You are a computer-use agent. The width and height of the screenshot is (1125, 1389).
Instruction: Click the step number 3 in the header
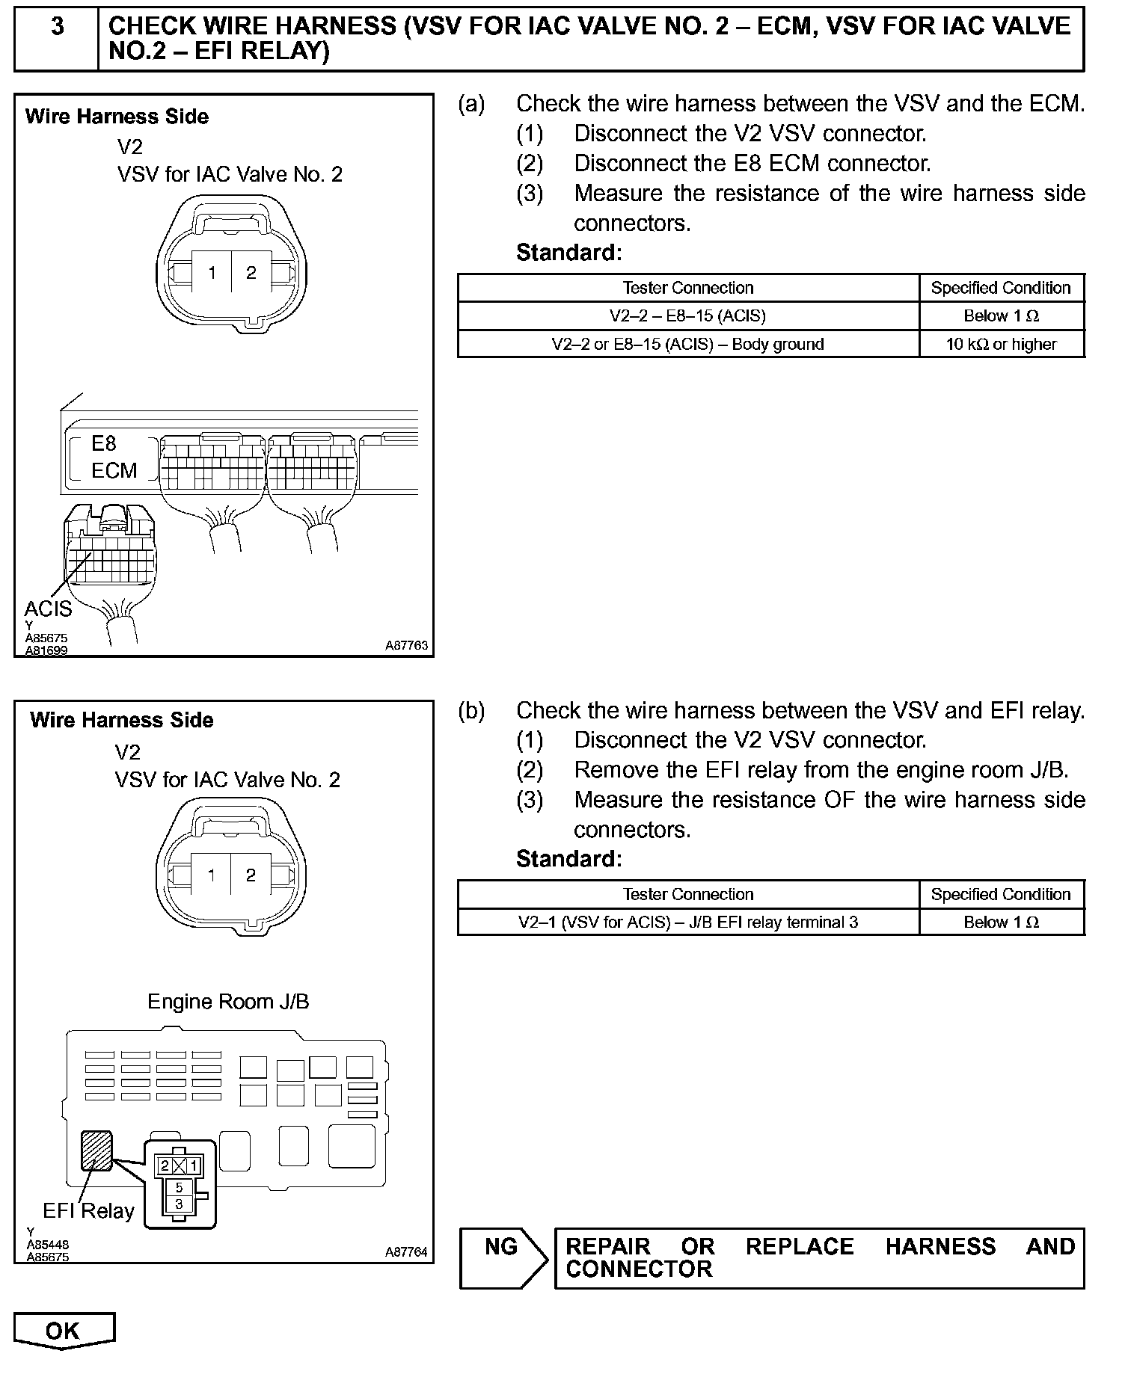(57, 28)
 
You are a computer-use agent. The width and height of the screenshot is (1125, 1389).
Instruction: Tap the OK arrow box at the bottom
(63, 1331)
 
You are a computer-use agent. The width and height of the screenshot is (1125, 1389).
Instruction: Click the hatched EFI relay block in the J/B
(96, 1151)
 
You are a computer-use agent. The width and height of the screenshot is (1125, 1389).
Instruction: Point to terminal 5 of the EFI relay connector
(179, 1187)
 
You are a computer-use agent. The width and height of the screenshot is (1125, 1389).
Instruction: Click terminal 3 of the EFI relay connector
(179, 1204)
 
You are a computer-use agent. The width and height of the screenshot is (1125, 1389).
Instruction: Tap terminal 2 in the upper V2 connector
(251, 273)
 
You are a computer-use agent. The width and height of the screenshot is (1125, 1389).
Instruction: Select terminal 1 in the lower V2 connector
(212, 875)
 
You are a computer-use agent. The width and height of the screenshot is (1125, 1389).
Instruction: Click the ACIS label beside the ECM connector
(48, 609)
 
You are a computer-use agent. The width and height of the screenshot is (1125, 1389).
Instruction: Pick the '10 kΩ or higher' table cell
(1001, 345)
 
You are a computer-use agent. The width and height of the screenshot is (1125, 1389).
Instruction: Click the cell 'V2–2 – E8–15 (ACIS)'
(687, 316)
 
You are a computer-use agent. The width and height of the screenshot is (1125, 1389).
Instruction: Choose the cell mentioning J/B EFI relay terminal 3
(687, 923)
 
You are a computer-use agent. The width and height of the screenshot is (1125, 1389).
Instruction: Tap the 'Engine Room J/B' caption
(228, 1002)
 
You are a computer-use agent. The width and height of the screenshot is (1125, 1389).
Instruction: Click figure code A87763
(407, 645)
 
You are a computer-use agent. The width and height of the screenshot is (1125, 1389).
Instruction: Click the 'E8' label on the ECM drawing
(104, 444)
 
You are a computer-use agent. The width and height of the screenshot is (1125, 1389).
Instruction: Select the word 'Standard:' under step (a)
(568, 253)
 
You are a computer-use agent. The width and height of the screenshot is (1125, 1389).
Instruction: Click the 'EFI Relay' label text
(88, 1211)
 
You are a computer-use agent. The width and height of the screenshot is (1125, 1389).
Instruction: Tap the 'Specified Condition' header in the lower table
(1001, 895)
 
